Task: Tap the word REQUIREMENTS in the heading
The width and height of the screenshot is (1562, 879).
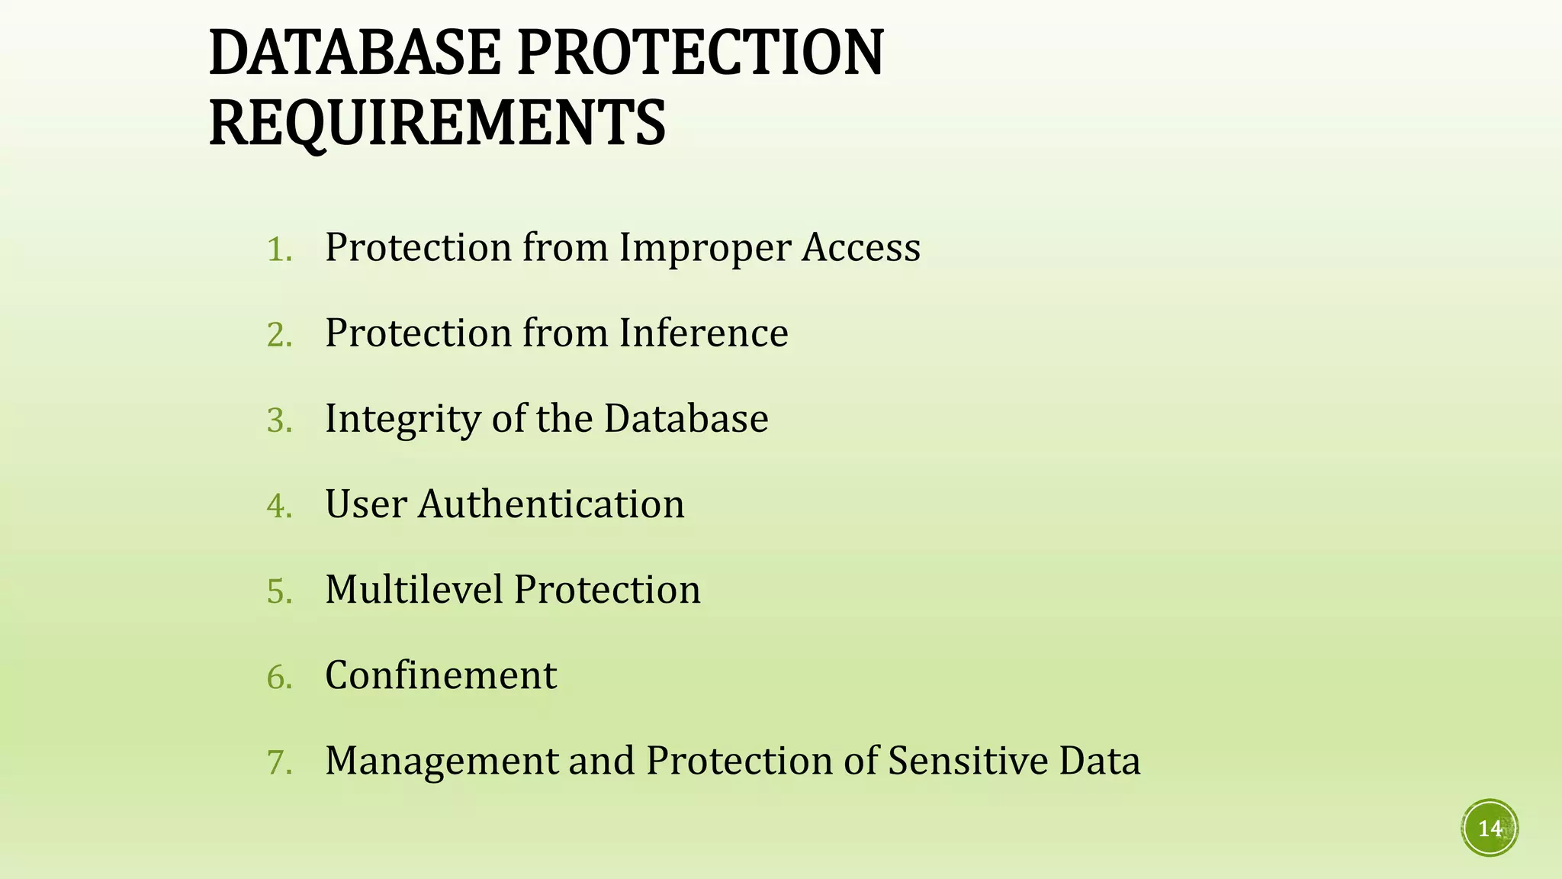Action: (437, 123)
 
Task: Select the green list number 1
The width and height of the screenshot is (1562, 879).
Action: (279, 250)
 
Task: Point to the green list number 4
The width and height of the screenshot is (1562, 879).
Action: (279, 506)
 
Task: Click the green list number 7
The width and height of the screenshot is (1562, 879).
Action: (279, 762)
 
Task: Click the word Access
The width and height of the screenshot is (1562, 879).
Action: (860, 247)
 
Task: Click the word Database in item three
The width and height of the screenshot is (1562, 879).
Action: (686, 418)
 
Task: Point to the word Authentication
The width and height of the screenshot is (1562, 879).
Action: (551, 504)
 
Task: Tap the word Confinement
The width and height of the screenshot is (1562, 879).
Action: (441, 675)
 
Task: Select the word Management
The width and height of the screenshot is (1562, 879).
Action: (442, 761)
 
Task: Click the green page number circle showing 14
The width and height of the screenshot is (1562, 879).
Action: (1490, 828)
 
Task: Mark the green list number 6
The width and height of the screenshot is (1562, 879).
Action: (279, 677)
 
